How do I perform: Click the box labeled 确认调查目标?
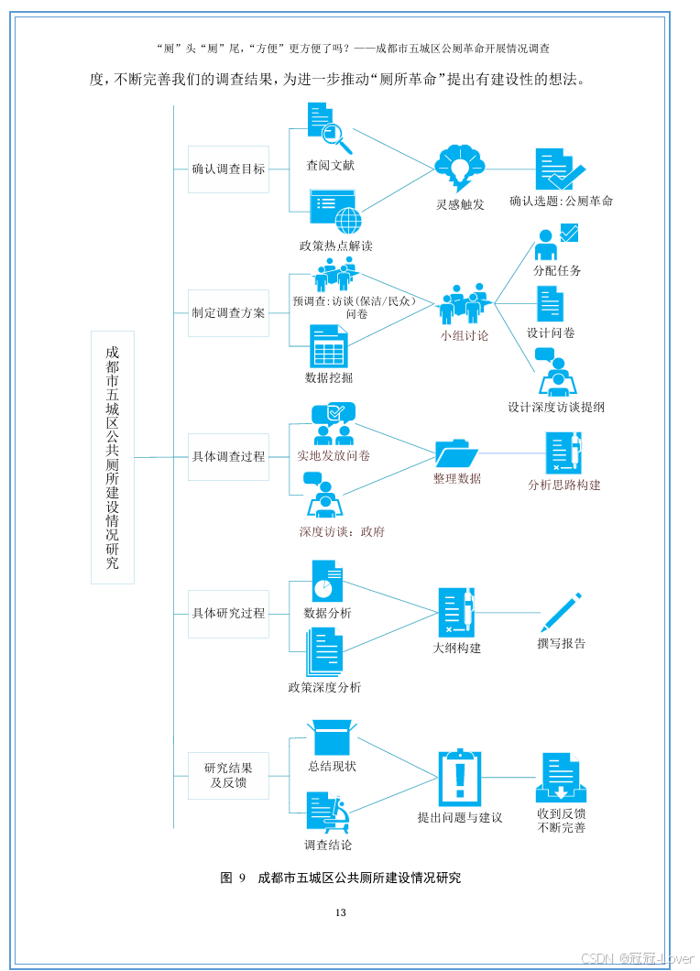[228, 169]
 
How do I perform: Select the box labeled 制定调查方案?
[228, 312]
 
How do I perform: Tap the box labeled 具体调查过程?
[228, 456]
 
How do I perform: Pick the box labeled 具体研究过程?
[228, 613]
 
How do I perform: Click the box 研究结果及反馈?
[228, 775]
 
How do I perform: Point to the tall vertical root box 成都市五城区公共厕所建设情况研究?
[113, 457]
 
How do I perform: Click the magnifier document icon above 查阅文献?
[328, 128]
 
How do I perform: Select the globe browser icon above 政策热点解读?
[334, 212]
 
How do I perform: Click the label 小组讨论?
[464, 336]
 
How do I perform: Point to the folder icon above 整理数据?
[456, 453]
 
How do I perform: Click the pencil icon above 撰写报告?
[561, 613]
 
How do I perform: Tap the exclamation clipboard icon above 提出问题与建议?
[459, 778]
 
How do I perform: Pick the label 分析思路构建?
[563, 485]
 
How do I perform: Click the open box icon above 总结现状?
[332, 736]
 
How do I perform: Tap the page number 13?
[341, 912]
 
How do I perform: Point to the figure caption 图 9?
[233, 878]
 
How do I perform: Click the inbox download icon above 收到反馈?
[561, 778]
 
